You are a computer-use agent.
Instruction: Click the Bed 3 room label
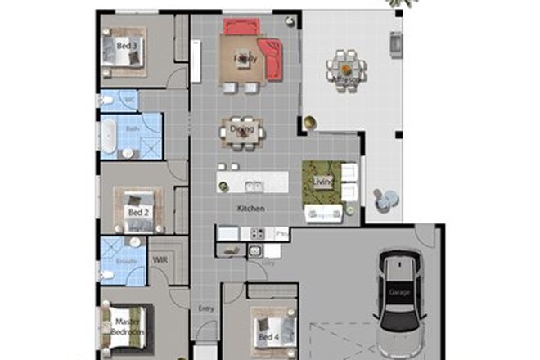(126, 46)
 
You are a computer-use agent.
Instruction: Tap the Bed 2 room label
(137, 212)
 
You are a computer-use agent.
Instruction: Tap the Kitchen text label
(250, 209)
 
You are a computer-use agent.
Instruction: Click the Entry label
(205, 308)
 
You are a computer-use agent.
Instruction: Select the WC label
(128, 100)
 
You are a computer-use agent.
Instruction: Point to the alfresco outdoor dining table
(345, 70)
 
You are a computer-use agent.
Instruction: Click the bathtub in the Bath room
(106, 136)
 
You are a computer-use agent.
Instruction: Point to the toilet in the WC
(106, 100)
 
